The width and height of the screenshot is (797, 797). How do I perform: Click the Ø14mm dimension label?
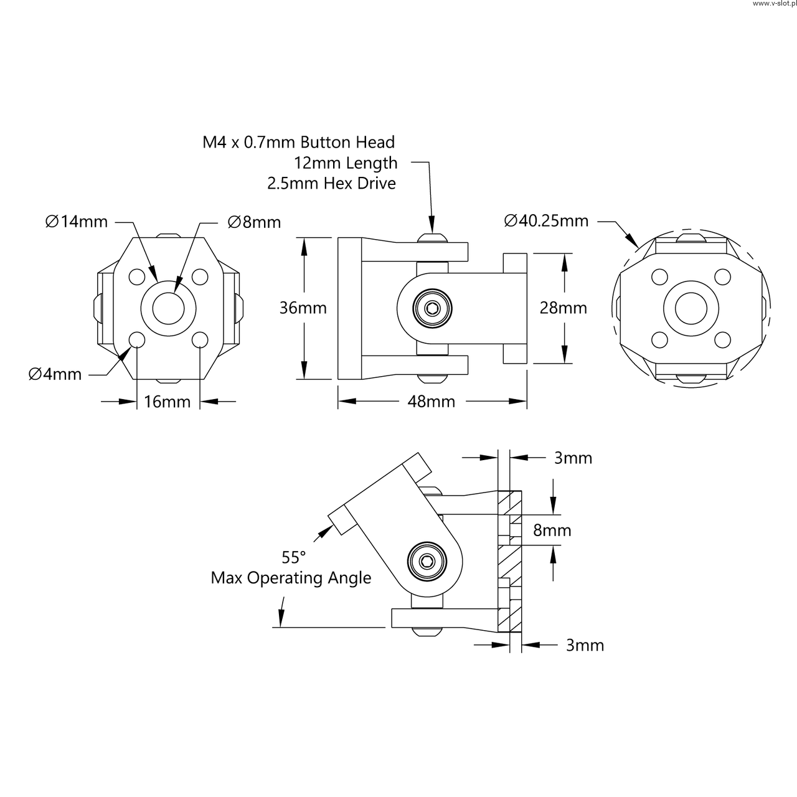tap(77, 222)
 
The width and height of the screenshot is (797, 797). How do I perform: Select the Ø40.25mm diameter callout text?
tap(546, 221)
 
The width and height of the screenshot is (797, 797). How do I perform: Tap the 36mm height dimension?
tap(303, 308)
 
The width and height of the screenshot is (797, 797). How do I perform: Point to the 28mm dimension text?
tap(564, 308)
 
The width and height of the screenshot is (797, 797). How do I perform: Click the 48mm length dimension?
tap(432, 401)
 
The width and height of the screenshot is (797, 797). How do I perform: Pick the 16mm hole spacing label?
tap(167, 402)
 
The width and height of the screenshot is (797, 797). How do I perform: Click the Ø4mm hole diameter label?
tap(55, 374)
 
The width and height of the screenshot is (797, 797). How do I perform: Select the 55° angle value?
tap(294, 557)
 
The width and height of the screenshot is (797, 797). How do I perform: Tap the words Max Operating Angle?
tap(291, 578)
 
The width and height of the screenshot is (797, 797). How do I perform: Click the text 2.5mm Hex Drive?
tap(332, 183)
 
